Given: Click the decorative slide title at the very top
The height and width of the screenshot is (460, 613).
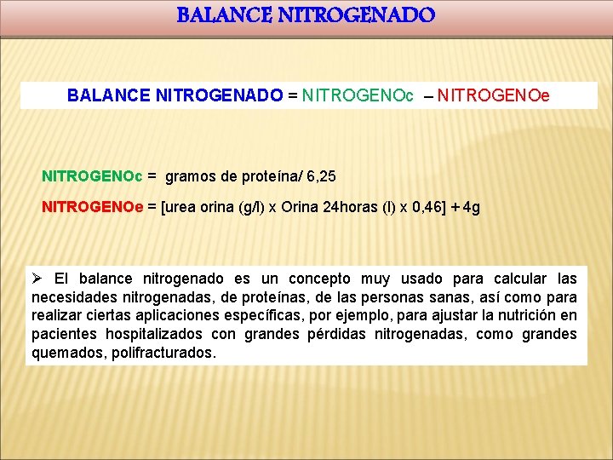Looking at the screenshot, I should tap(306, 15).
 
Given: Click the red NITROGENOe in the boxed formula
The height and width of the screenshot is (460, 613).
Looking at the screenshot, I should tap(494, 96).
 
